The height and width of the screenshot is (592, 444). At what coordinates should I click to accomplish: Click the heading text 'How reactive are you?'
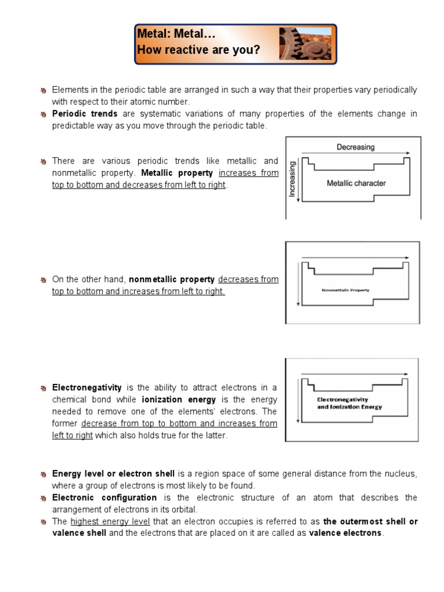pos(198,50)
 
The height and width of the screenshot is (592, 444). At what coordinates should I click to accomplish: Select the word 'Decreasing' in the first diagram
pos(356,147)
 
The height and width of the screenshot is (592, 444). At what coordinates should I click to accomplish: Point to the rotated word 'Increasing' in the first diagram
pos(293,179)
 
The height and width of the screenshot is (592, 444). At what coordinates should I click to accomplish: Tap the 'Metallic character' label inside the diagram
pos(356,183)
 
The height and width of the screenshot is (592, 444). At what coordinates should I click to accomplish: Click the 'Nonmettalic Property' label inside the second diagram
pos(346,290)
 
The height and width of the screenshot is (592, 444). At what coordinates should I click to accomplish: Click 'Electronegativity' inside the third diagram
pos(343,399)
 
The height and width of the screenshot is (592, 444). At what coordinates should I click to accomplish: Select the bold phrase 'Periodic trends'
pos(85,114)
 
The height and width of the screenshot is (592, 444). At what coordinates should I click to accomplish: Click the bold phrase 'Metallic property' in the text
pos(177,173)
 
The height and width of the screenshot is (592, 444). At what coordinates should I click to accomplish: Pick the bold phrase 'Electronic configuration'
pos(105,497)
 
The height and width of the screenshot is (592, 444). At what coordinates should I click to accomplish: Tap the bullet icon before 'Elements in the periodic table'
pos(43,91)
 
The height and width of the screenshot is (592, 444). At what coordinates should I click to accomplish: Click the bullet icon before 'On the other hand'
pos(43,280)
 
